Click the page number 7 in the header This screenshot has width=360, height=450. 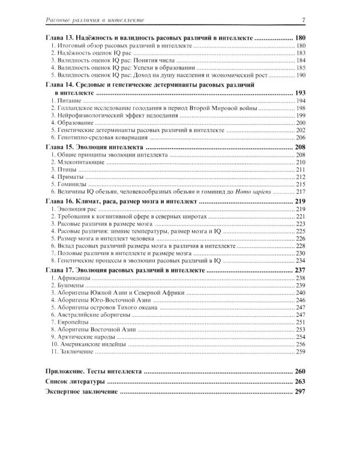(305, 22)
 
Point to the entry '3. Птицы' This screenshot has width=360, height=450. (64, 170)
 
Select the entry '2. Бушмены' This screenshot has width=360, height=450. (67, 286)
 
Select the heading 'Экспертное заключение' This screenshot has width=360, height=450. (82, 392)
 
